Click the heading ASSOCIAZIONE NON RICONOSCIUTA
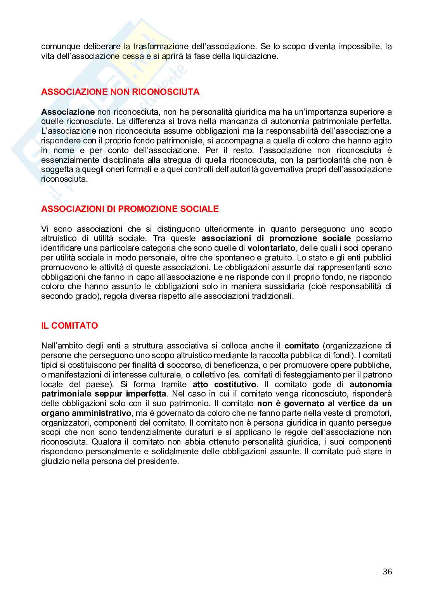point(120,92)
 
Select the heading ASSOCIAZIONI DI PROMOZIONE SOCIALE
point(130,209)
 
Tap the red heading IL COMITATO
point(69,326)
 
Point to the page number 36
point(387,571)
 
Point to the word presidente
point(158,462)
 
